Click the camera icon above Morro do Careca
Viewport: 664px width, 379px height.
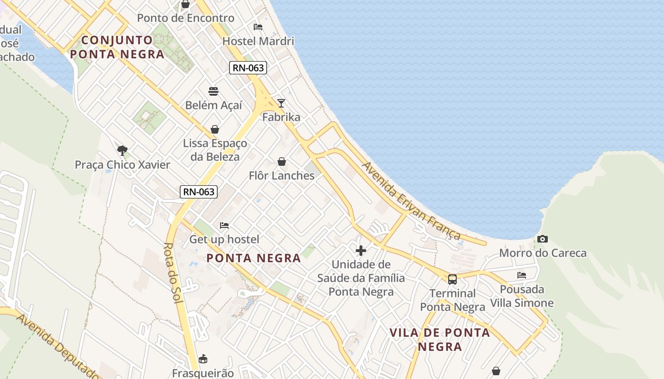tap(543, 239)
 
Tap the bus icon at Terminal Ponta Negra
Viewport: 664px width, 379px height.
tap(452, 279)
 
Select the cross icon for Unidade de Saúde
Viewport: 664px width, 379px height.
tap(361, 250)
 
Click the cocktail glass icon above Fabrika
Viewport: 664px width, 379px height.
tap(281, 103)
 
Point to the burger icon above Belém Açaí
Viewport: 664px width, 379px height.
tap(213, 91)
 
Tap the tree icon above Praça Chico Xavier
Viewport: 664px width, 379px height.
tap(122, 151)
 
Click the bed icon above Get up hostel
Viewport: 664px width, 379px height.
tap(224, 226)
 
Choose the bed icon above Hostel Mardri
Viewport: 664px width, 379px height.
tap(258, 27)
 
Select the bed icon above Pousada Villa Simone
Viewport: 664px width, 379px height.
tap(522, 275)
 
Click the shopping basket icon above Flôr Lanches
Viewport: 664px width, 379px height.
tap(282, 162)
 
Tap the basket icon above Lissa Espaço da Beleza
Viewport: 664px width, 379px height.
tap(215, 129)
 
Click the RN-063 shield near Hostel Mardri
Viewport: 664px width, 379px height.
tap(248, 68)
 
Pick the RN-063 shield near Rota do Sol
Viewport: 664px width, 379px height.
tap(199, 192)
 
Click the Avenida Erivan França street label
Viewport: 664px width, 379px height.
tap(411, 201)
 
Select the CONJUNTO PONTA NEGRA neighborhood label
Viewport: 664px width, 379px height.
tap(117, 47)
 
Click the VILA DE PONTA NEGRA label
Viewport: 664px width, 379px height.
tap(440, 339)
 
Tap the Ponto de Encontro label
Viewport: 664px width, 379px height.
tap(186, 18)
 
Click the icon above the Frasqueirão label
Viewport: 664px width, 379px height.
tap(203, 358)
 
